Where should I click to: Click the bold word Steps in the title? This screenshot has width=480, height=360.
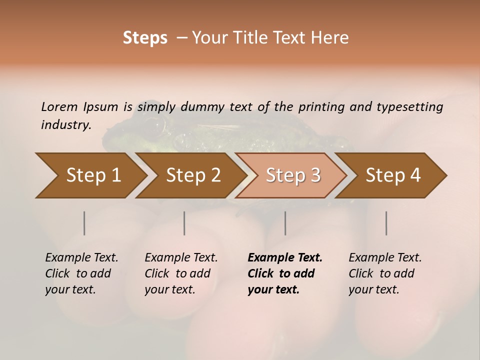point(145,38)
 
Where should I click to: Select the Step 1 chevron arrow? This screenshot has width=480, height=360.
point(90,175)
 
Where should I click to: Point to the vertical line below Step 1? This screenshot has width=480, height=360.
point(84,223)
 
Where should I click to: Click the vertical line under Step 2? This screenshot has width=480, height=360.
point(184,223)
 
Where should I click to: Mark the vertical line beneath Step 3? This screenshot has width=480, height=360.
point(285,223)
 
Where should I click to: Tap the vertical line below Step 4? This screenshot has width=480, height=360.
point(386,223)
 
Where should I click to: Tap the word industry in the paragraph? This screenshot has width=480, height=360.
point(65,125)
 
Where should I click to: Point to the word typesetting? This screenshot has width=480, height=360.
point(409,107)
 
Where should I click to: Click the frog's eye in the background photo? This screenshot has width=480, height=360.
point(156,125)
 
